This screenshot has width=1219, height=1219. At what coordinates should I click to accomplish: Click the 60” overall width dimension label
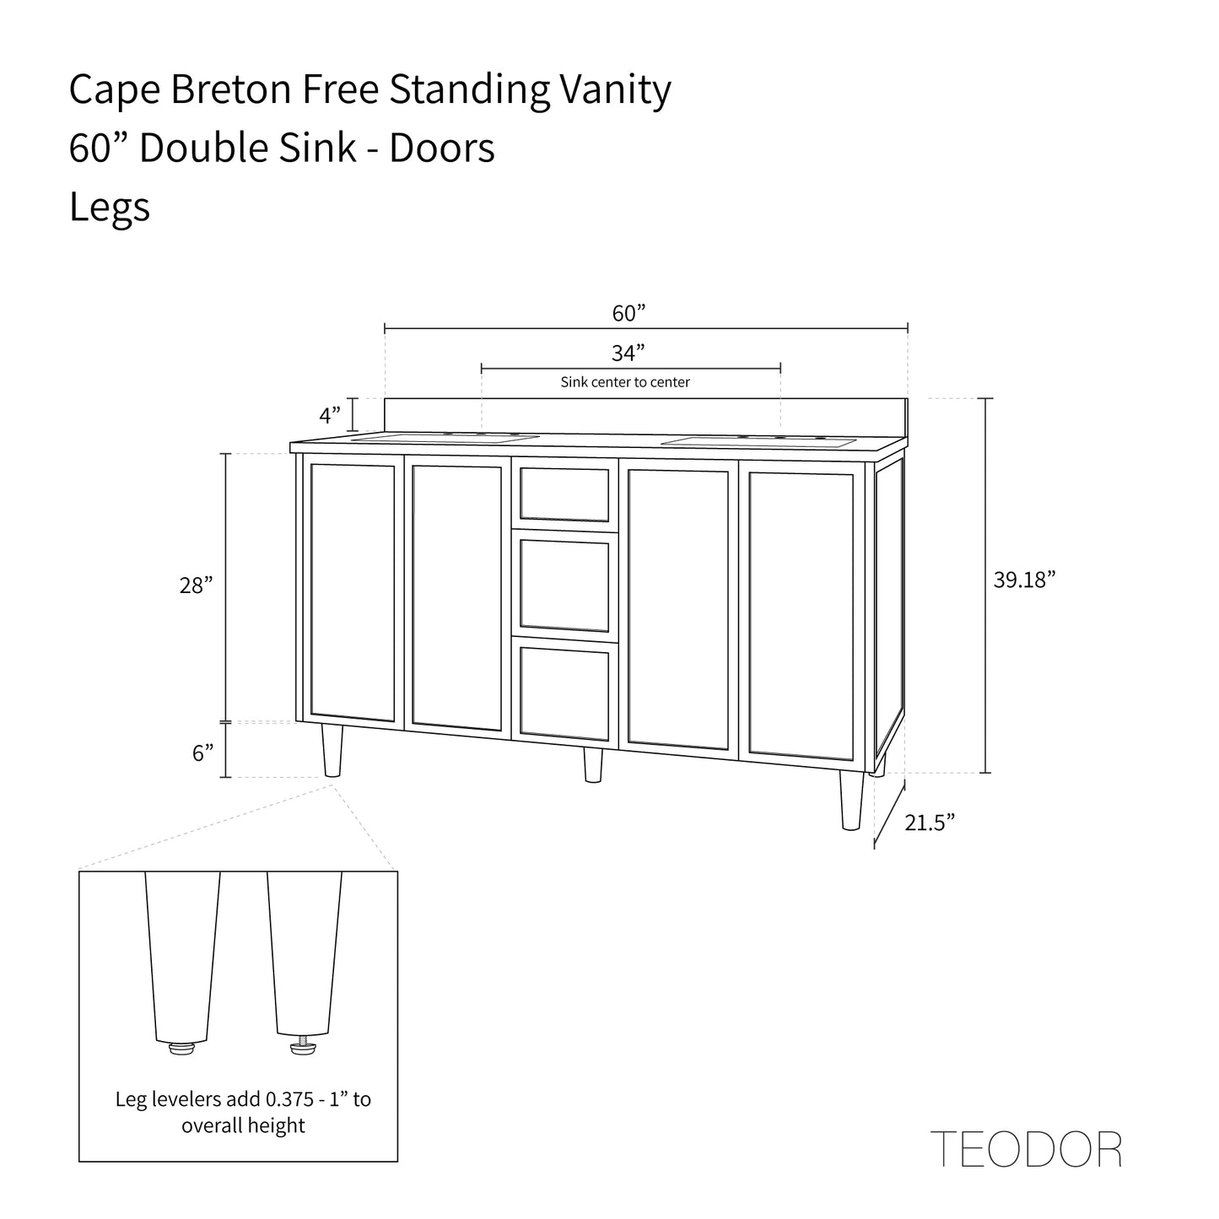click(x=628, y=314)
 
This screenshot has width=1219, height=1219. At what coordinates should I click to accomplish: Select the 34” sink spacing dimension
click(x=628, y=353)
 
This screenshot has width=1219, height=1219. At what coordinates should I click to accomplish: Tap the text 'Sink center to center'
click(x=625, y=382)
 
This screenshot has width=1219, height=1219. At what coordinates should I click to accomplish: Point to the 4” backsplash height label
click(x=330, y=415)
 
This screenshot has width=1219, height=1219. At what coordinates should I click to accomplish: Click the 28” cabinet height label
click(x=196, y=585)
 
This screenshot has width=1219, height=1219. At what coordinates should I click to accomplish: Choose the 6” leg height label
click(x=202, y=753)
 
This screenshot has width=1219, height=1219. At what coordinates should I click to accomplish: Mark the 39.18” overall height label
click(x=1024, y=580)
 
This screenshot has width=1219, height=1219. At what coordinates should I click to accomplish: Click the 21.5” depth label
click(x=930, y=822)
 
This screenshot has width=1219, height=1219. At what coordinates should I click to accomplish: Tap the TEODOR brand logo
click(x=1026, y=1149)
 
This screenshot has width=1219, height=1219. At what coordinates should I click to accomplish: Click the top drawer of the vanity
click(x=564, y=494)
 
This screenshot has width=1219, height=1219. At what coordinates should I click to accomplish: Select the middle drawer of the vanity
click(x=564, y=586)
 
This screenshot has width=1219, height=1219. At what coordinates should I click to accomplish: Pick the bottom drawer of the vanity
click(x=564, y=692)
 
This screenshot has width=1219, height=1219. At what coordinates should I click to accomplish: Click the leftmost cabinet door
click(x=352, y=592)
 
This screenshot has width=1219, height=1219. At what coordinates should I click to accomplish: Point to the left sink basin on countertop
click(x=445, y=438)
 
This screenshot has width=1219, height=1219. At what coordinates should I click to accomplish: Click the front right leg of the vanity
click(x=852, y=800)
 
